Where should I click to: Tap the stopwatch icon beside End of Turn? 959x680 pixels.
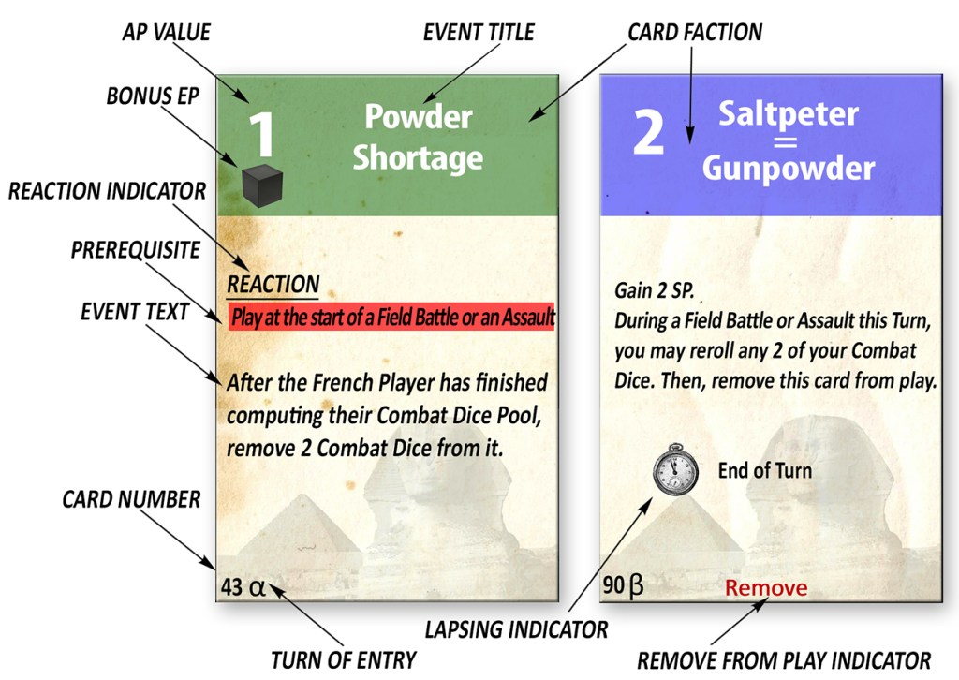click(675, 470)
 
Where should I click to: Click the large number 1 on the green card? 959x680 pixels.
click(261, 133)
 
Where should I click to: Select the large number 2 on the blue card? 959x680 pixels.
click(648, 134)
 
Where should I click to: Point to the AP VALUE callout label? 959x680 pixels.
click(166, 33)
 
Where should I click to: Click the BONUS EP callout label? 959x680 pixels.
click(152, 96)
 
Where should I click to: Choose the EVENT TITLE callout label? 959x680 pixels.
click(478, 33)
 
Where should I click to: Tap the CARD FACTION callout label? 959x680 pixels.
click(695, 33)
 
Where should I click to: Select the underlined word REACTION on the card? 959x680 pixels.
click(273, 284)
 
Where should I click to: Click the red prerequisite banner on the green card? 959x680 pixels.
click(392, 316)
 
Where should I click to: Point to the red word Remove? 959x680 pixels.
click(766, 588)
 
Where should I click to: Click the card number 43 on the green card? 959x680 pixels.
click(232, 587)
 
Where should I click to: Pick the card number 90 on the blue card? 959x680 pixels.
click(614, 587)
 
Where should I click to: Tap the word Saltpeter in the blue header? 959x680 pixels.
click(788, 115)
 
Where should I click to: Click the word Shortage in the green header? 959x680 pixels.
click(418, 157)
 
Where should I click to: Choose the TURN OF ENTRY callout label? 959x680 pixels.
click(344, 659)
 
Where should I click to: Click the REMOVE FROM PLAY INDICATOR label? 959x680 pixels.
click(784, 659)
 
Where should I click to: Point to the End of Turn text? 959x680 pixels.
click(764, 470)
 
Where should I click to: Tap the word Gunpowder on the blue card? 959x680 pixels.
click(788, 169)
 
